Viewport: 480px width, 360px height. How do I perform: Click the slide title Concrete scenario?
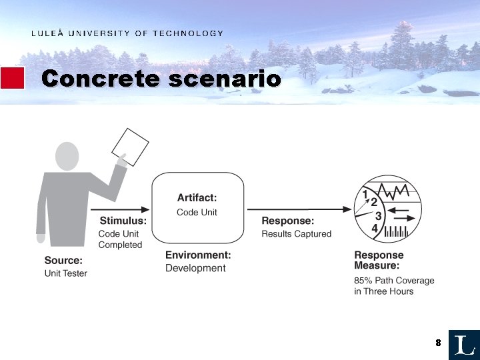(x=161, y=79)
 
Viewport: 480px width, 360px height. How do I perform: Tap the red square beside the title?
(x=12, y=78)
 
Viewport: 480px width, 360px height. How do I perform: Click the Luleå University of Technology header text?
(x=127, y=33)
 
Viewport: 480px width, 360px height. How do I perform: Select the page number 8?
(x=438, y=343)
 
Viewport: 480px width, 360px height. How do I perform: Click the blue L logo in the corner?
(x=464, y=345)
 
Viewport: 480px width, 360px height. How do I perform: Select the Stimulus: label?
(x=123, y=221)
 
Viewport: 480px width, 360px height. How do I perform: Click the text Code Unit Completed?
(x=120, y=239)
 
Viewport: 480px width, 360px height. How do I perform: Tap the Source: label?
(x=63, y=261)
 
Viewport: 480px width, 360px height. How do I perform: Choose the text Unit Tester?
(x=65, y=273)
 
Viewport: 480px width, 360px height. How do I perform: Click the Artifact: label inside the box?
(x=197, y=197)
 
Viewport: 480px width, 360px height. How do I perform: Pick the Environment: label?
(x=198, y=255)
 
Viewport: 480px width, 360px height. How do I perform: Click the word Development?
(x=195, y=268)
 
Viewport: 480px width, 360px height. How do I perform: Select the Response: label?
(x=287, y=221)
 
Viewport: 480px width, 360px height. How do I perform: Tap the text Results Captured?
(x=296, y=234)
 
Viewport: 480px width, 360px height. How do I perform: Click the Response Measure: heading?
(x=379, y=260)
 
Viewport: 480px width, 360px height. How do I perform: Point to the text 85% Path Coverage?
(x=394, y=280)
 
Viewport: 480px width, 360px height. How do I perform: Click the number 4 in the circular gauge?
(x=375, y=229)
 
